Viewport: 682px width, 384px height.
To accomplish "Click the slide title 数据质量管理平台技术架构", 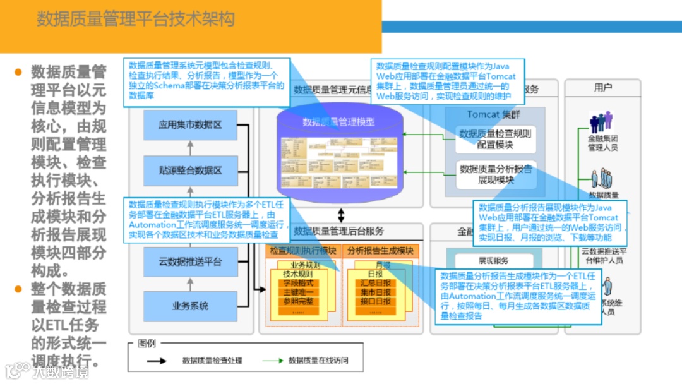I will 135,19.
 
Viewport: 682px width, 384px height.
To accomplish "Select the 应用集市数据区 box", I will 190,125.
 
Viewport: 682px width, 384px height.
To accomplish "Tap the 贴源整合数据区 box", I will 190,171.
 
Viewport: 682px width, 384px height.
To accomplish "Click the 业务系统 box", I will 190,306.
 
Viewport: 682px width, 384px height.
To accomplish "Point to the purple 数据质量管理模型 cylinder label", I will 338,122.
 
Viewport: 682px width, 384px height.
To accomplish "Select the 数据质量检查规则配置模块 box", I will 495,139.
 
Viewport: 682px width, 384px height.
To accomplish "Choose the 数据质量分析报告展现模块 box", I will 495,175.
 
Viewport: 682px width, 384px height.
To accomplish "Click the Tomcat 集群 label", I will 494,114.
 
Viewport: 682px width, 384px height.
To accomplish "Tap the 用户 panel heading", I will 603,88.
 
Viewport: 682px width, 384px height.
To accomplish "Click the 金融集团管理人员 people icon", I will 601,122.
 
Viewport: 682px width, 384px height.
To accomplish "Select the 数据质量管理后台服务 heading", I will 338,231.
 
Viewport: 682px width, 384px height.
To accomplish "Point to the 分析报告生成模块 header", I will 380,251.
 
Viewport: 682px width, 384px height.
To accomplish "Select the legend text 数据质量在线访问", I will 318,361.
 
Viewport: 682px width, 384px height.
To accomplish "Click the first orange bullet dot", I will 18,71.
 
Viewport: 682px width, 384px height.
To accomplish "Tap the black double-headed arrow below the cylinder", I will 341,215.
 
